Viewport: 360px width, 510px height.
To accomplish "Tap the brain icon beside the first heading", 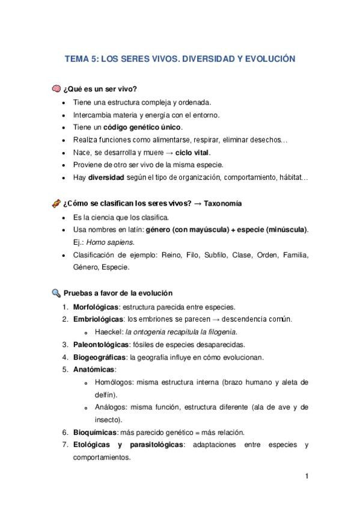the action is pos(56,90).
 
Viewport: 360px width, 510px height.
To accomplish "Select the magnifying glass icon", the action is pos(56,293).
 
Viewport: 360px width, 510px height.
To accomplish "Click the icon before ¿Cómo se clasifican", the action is pos(56,204).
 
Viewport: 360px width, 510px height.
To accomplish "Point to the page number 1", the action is pos(307,477).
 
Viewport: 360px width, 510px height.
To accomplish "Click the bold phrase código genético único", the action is pos(142,127).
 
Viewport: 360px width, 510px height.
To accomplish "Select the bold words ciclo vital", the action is pos(192,153).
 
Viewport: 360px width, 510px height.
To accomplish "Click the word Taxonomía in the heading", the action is pos(223,204).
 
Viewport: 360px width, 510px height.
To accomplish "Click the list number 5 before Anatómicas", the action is pos(65,369).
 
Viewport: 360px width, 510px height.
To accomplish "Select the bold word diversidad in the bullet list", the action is pos(106,178).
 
